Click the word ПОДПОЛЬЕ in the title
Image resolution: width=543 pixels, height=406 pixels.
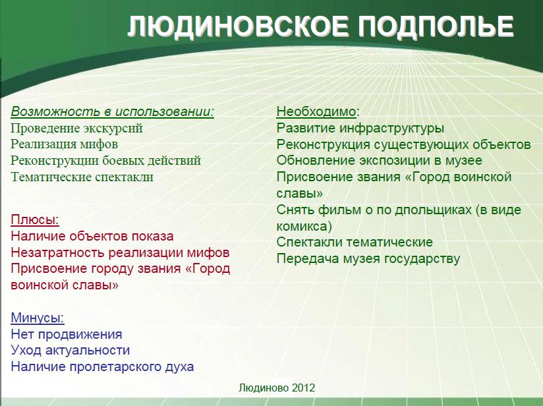436,26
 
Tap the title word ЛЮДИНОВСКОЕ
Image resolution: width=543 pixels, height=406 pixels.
238,26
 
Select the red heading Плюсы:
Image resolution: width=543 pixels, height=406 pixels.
35,219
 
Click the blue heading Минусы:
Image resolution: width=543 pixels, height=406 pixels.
38,318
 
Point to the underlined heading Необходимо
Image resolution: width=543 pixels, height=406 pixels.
316,111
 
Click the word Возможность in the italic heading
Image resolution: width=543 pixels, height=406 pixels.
55,111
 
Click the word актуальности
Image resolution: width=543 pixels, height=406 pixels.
87,350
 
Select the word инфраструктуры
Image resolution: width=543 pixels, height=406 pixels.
391,129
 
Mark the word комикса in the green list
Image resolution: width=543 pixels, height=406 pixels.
302,226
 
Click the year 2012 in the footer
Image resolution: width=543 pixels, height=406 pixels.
303,388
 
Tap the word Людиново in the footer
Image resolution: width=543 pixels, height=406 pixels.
264,388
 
